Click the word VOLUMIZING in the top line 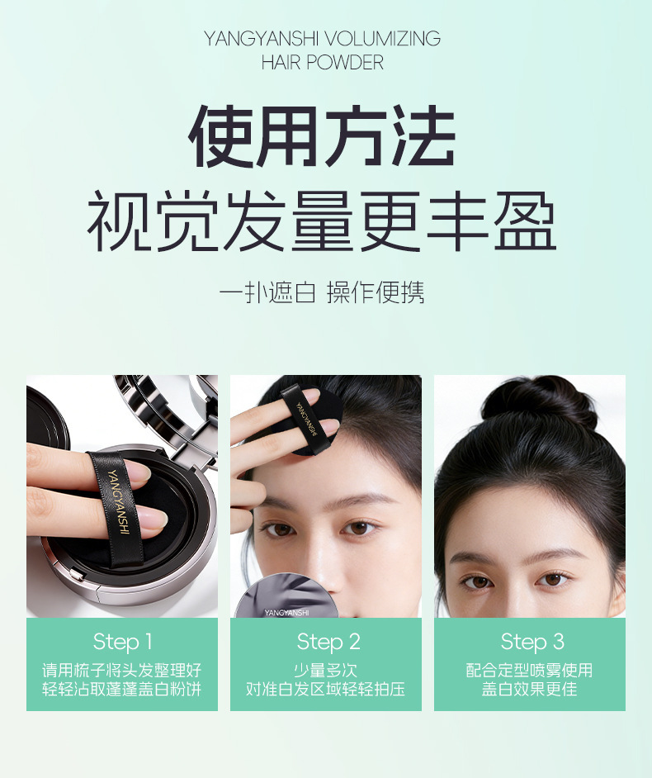(383, 39)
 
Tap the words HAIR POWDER (322, 63)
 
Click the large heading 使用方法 (322, 136)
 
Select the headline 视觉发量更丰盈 (322, 221)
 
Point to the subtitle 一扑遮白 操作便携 (322, 292)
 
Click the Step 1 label (122, 642)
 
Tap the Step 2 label (328, 642)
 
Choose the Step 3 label (532, 642)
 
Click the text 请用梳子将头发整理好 (122, 671)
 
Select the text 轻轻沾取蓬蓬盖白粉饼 (122, 689)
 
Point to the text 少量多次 (326, 671)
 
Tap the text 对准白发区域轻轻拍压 (326, 689)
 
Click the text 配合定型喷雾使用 (530, 671)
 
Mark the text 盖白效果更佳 (530, 689)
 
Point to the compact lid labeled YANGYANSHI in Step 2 (286, 597)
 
